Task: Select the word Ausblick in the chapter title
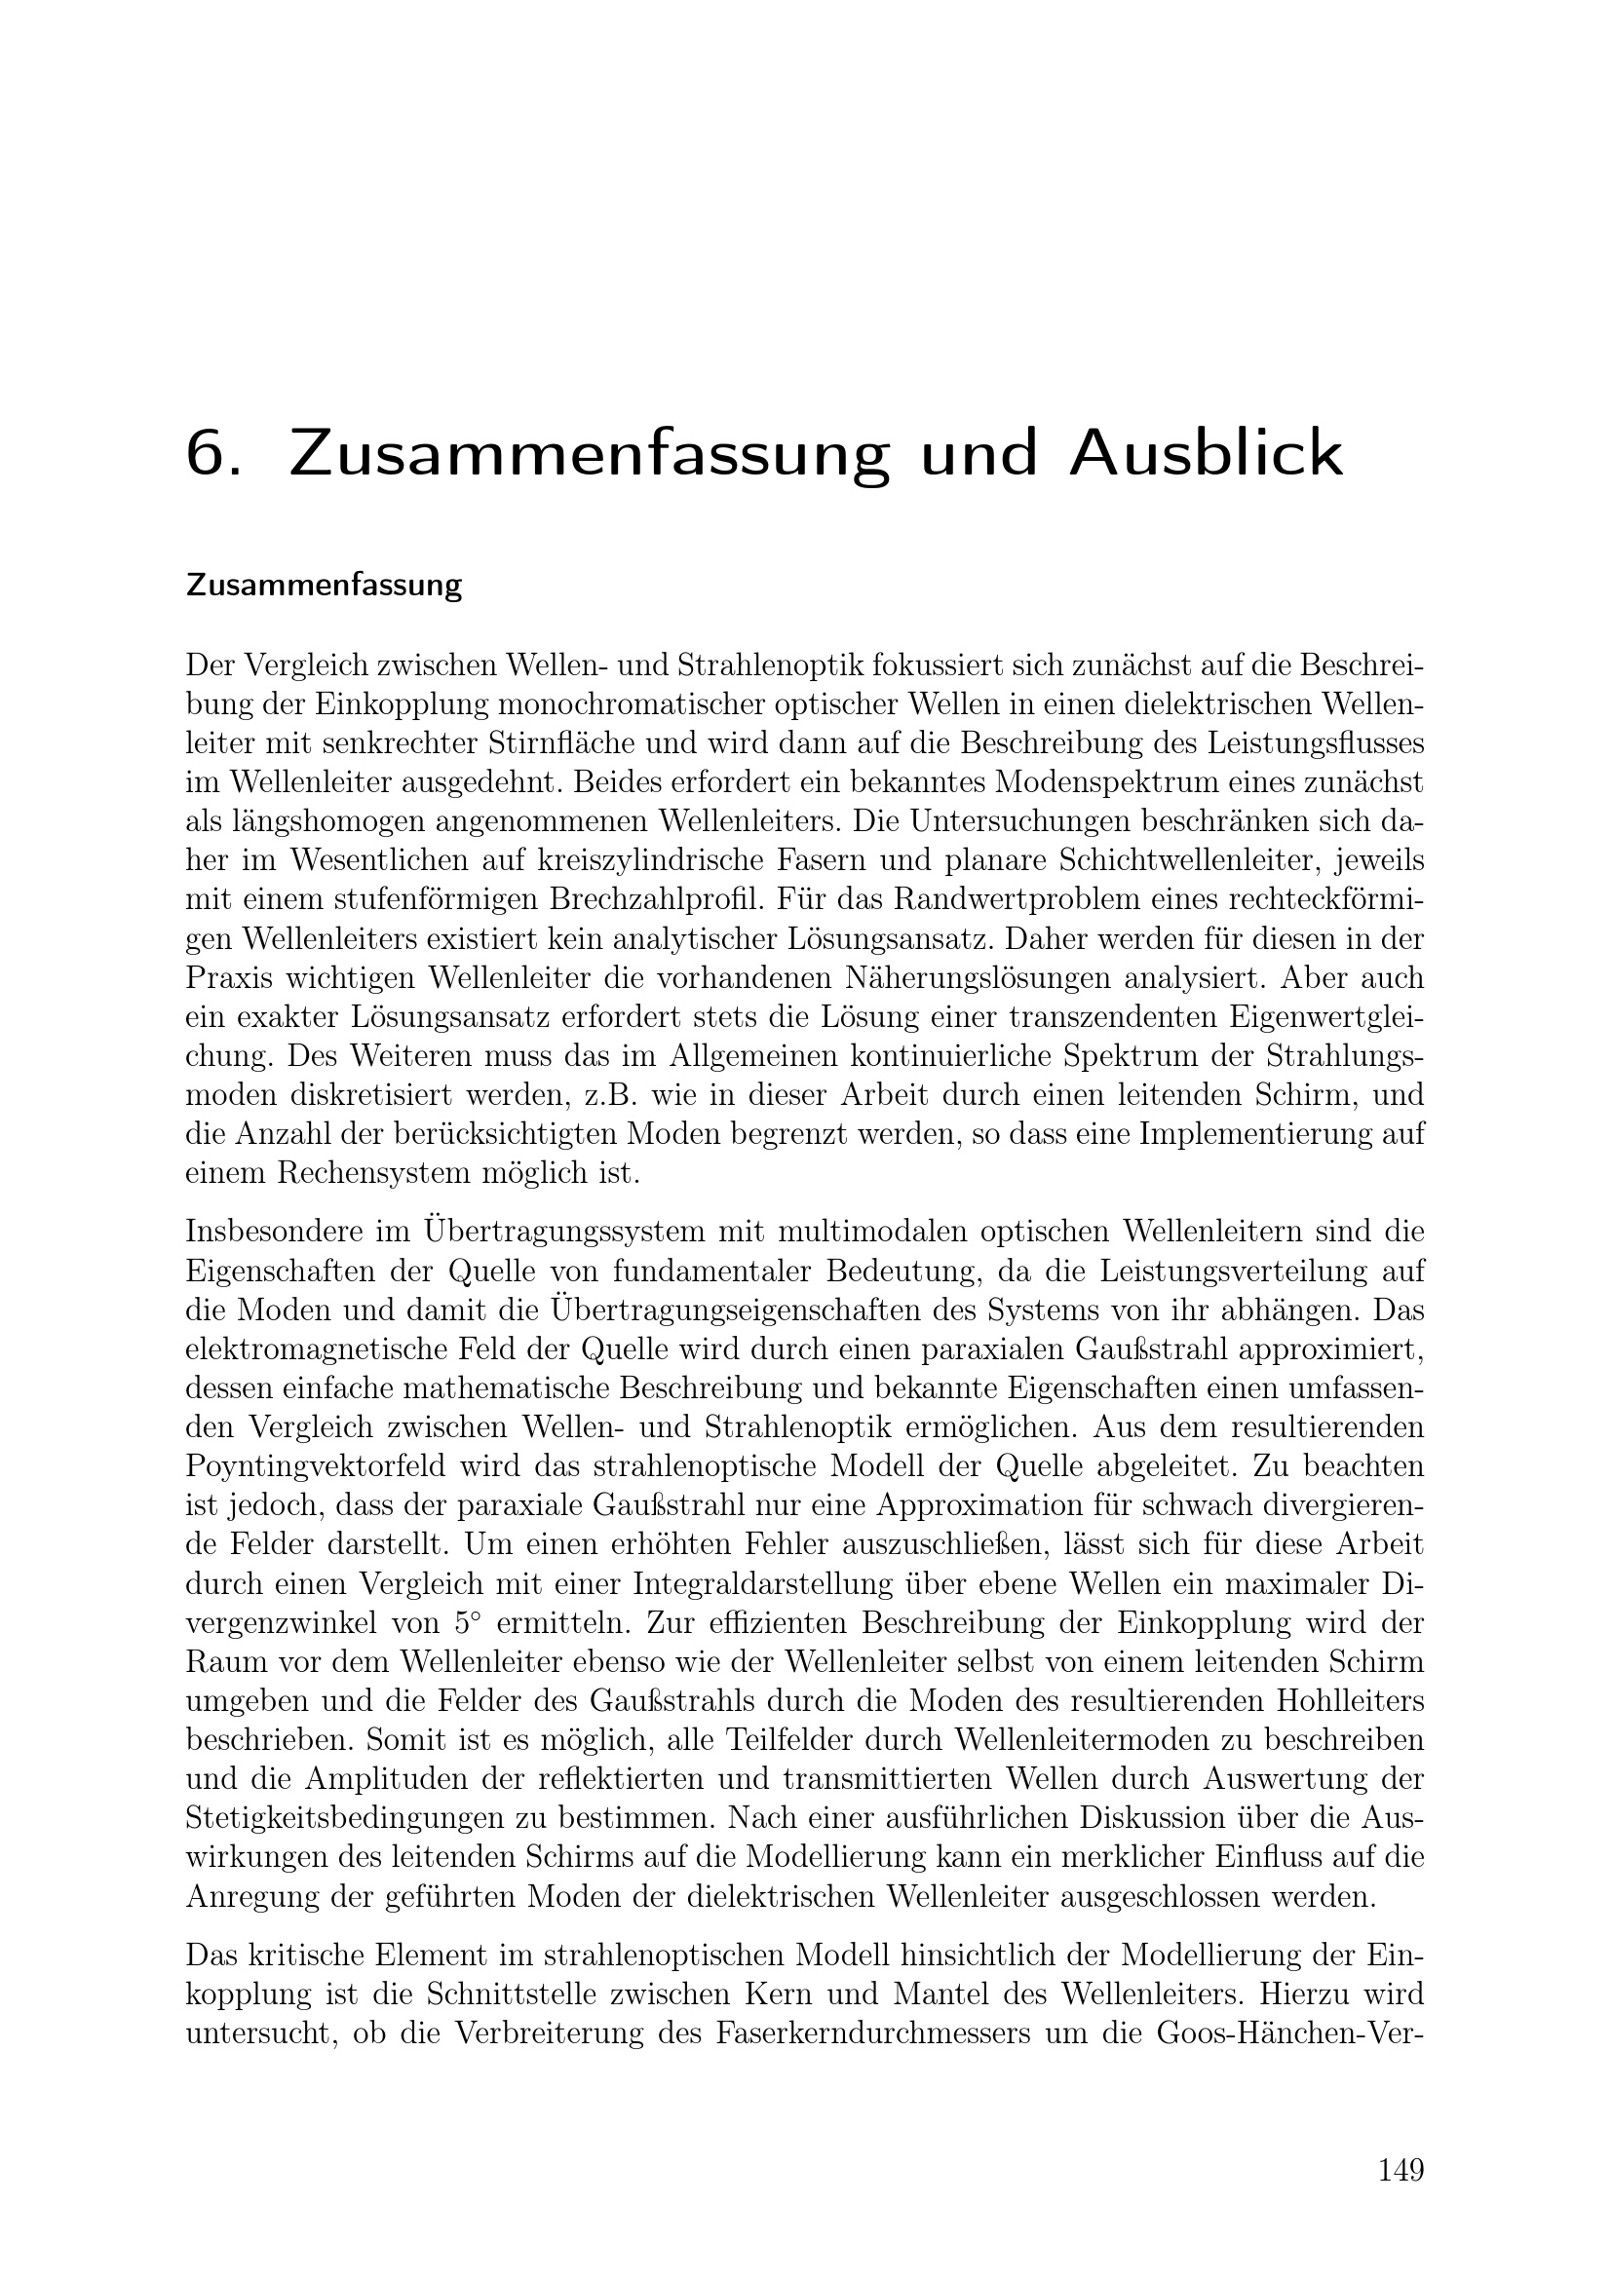pos(1205,455)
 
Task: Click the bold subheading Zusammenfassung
pos(324,586)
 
